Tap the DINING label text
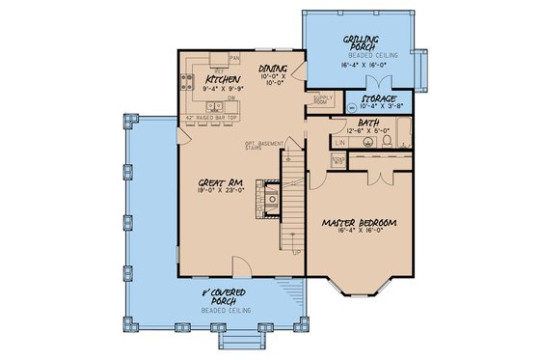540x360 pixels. tap(275, 69)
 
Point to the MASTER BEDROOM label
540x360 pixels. tap(359, 223)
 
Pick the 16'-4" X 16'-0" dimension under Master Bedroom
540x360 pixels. tap(359, 234)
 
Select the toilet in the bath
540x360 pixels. tap(386, 141)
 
